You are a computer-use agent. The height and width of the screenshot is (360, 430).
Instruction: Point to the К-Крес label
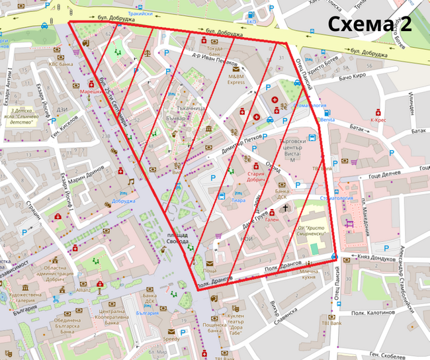[x=378, y=120]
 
